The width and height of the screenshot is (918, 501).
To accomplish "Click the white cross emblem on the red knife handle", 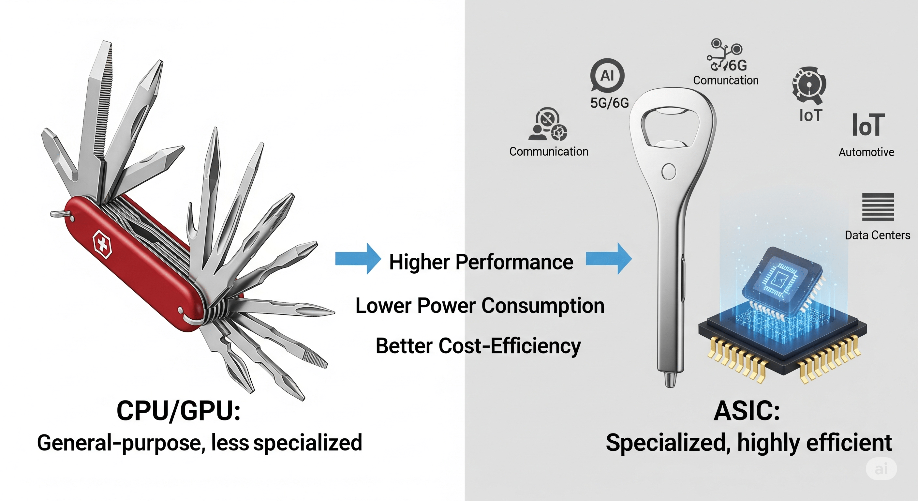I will (x=102, y=245).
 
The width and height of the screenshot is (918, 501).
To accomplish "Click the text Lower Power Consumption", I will (x=480, y=306).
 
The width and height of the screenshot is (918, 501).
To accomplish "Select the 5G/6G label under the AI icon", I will (x=609, y=103).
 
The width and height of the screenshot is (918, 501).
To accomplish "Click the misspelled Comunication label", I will (x=726, y=81).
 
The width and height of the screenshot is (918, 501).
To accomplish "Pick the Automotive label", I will (x=866, y=152).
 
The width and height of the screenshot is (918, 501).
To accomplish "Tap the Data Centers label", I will (x=877, y=235).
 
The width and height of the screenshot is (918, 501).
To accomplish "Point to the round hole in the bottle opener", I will (x=669, y=172).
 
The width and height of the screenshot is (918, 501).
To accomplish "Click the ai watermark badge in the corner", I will (x=881, y=469).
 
